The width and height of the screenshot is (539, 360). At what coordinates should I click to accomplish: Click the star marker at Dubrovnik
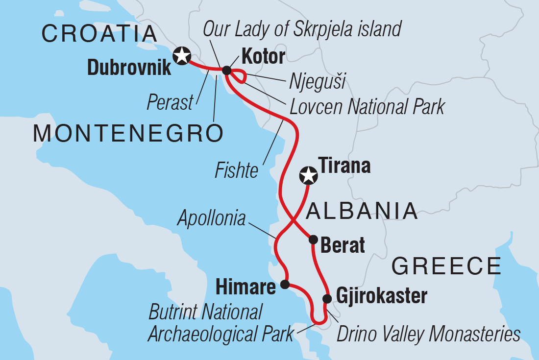click(182, 55)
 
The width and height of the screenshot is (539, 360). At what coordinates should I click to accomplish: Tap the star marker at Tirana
click(308, 175)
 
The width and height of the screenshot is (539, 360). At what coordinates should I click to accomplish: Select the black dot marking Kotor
click(226, 71)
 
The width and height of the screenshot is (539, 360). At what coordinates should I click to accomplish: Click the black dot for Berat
click(313, 239)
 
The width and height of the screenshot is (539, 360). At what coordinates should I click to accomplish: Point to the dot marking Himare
click(285, 284)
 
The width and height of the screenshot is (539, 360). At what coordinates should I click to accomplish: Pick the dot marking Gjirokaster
click(327, 298)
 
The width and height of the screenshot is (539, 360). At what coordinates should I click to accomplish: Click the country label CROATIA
click(99, 34)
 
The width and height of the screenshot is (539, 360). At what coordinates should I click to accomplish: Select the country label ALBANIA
click(361, 212)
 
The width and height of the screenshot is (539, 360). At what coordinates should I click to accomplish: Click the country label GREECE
click(446, 266)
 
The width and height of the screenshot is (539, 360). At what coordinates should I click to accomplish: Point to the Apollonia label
click(212, 218)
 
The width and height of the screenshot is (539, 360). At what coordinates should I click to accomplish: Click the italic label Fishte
click(237, 171)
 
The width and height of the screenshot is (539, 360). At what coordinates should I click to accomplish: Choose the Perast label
click(170, 103)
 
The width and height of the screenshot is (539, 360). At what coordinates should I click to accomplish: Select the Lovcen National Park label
click(367, 106)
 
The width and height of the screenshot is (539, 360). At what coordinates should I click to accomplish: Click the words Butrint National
click(206, 312)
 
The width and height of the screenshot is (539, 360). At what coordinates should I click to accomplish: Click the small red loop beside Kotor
click(238, 76)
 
